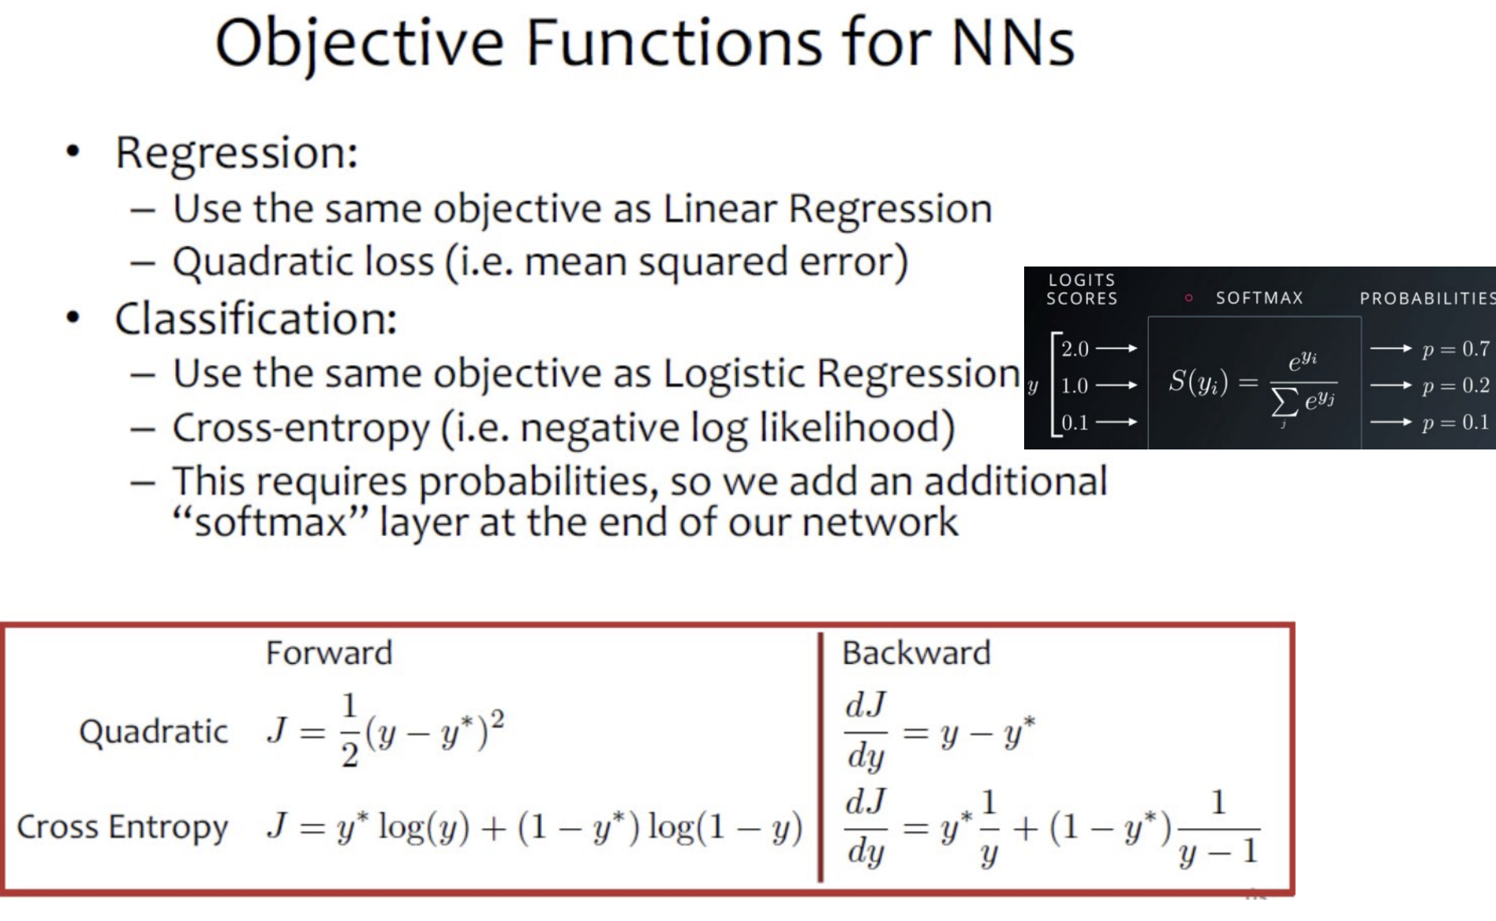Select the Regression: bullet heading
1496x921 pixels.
coord(237,153)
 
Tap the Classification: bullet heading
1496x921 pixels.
coord(256,319)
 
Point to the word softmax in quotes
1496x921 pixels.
coord(271,523)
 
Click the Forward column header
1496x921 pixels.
coord(329,653)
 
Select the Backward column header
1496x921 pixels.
coord(916,653)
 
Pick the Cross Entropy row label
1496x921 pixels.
coord(122,827)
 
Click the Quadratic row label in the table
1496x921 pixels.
coord(154,732)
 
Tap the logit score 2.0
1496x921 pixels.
coord(1075,349)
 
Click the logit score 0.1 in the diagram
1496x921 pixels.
coord(1075,423)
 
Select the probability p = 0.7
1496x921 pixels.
coord(1456,349)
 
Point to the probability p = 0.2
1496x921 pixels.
coord(1456,386)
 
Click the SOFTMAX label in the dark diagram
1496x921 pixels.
coord(1259,298)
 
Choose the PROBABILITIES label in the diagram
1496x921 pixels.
coord(1427,298)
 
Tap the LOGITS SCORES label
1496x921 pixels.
coord(1082,289)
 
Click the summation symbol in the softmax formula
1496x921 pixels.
coord(1284,402)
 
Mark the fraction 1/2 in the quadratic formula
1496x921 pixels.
coord(350,730)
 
